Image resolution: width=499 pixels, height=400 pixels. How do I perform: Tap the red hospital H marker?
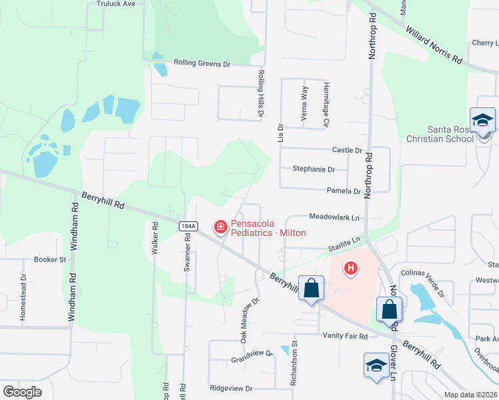tap(350, 269)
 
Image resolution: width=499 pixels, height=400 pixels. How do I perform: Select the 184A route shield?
tap(188, 227)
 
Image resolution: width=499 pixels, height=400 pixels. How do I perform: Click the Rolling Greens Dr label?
tap(201, 64)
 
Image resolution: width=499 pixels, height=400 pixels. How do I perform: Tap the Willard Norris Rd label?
tap(434, 45)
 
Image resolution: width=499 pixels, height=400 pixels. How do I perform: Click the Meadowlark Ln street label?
tap(334, 217)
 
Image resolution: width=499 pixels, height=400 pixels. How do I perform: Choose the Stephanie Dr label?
tap(314, 169)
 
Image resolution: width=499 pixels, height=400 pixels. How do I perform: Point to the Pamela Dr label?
tap(344, 191)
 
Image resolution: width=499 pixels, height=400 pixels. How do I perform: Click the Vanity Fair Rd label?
tap(345, 337)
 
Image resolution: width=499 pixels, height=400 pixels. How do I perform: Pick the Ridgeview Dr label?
tap(231, 388)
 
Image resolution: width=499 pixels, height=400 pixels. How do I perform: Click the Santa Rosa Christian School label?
tap(441, 134)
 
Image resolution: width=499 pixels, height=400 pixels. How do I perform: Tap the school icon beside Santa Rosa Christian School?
tap(482, 121)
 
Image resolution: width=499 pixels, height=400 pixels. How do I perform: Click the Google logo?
tap(23, 391)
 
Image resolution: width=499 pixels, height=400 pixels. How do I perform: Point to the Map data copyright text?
tap(470, 395)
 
